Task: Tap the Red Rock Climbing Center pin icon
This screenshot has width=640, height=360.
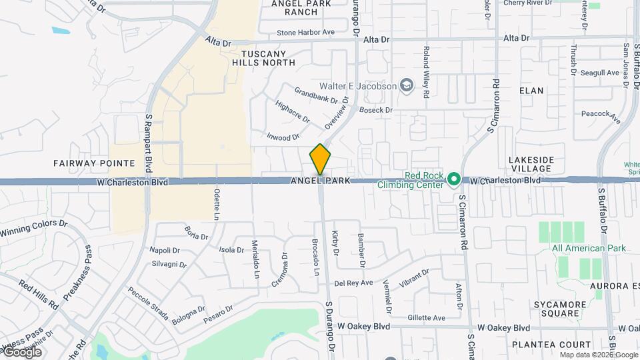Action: [x=454, y=179]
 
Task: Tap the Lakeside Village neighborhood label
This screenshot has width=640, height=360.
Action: [x=530, y=165]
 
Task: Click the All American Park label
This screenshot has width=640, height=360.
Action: [x=589, y=249]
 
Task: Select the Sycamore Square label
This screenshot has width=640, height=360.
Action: [x=559, y=309]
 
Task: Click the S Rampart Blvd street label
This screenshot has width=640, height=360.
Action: [x=149, y=140]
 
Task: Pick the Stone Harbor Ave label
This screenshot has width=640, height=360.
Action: [x=305, y=32]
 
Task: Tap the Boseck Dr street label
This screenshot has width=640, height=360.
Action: [x=377, y=109]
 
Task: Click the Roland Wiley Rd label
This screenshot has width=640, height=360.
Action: [x=425, y=72]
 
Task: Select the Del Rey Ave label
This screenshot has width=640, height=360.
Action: [x=353, y=283]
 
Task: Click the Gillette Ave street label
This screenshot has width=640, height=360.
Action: [x=426, y=318]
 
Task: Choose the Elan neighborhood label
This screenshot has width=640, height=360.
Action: [x=531, y=91]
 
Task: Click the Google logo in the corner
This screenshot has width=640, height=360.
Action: [x=23, y=352]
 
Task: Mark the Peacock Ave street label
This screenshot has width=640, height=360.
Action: [x=601, y=117]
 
